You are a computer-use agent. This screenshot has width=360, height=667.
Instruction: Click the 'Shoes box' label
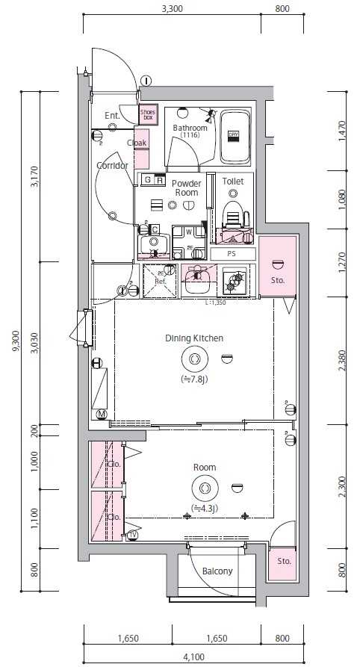pyautogui.click(x=148, y=114)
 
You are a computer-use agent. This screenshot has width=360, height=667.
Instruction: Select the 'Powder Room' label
pyautogui.click(x=187, y=187)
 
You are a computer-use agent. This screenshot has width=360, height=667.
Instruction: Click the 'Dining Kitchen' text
pyautogui.click(x=194, y=338)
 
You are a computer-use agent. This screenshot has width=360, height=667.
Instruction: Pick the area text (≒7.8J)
pyautogui.click(x=194, y=379)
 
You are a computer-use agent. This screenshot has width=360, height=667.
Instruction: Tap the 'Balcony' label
pyautogui.click(x=217, y=571)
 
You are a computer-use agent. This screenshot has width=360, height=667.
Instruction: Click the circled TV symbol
pyautogui.click(x=132, y=535)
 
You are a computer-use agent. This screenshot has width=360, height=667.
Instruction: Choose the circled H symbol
pyautogui.click(x=96, y=363)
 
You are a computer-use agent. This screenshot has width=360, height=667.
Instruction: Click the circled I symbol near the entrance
pyautogui.click(x=146, y=81)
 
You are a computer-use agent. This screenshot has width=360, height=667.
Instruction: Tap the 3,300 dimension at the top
pyautogui.click(x=172, y=10)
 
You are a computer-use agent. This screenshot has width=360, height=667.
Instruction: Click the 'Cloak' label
pyautogui.click(x=136, y=143)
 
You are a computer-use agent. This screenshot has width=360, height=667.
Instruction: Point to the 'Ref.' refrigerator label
pyautogui.click(x=159, y=282)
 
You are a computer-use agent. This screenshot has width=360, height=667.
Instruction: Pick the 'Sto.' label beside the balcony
pyautogui.click(x=283, y=560)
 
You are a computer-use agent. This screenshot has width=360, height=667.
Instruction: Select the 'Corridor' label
pyautogui.click(x=112, y=166)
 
